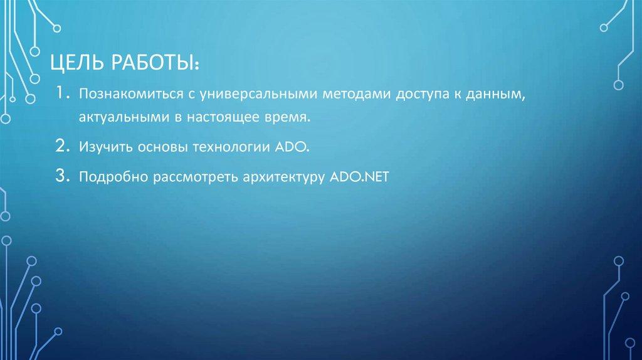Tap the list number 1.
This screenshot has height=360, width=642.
(x=60, y=94)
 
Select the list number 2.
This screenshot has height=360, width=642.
(x=61, y=147)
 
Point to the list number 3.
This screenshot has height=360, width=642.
(x=61, y=177)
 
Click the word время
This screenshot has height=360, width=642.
(x=290, y=117)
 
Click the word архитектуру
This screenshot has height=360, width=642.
(x=277, y=177)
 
